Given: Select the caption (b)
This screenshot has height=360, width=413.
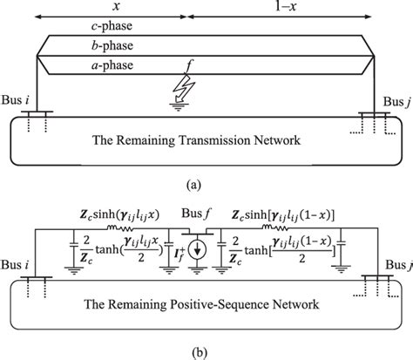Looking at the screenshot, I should click(206, 352).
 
